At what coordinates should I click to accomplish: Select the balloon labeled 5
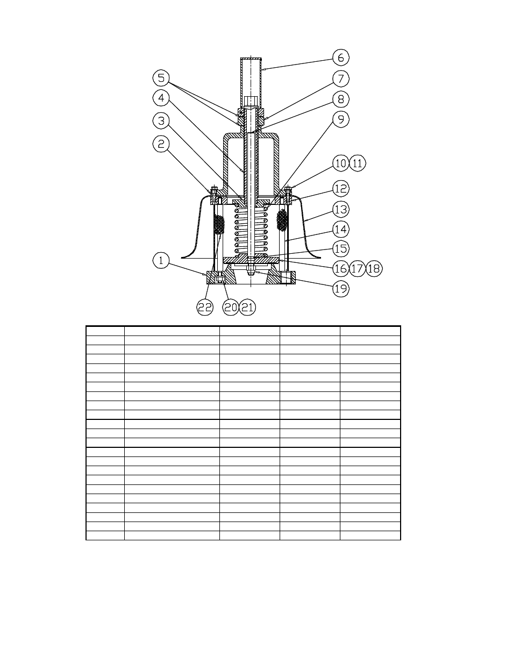tap(161, 78)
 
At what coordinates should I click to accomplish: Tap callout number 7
tap(341, 78)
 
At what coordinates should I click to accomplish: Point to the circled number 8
tap(341, 99)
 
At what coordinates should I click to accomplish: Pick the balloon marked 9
tap(341, 119)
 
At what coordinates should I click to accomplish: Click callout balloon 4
tap(161, 98)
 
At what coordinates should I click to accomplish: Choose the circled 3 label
tap(161, 120)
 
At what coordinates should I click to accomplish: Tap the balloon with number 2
tap(161, 144)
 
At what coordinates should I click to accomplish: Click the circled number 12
tap(341, 189)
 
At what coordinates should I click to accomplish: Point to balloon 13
tap(341, 209)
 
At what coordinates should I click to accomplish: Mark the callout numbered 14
tap(341, 230)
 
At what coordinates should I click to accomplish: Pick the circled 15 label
tap(341, 249)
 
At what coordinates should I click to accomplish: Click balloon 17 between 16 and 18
tap(357, 268)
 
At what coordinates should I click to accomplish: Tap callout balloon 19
tap(341, 289)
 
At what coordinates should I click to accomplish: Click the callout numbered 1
tap(161, 261)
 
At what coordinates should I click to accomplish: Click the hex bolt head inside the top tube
tap(251, 101)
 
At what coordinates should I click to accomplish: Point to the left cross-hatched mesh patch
tap(219, 224)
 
